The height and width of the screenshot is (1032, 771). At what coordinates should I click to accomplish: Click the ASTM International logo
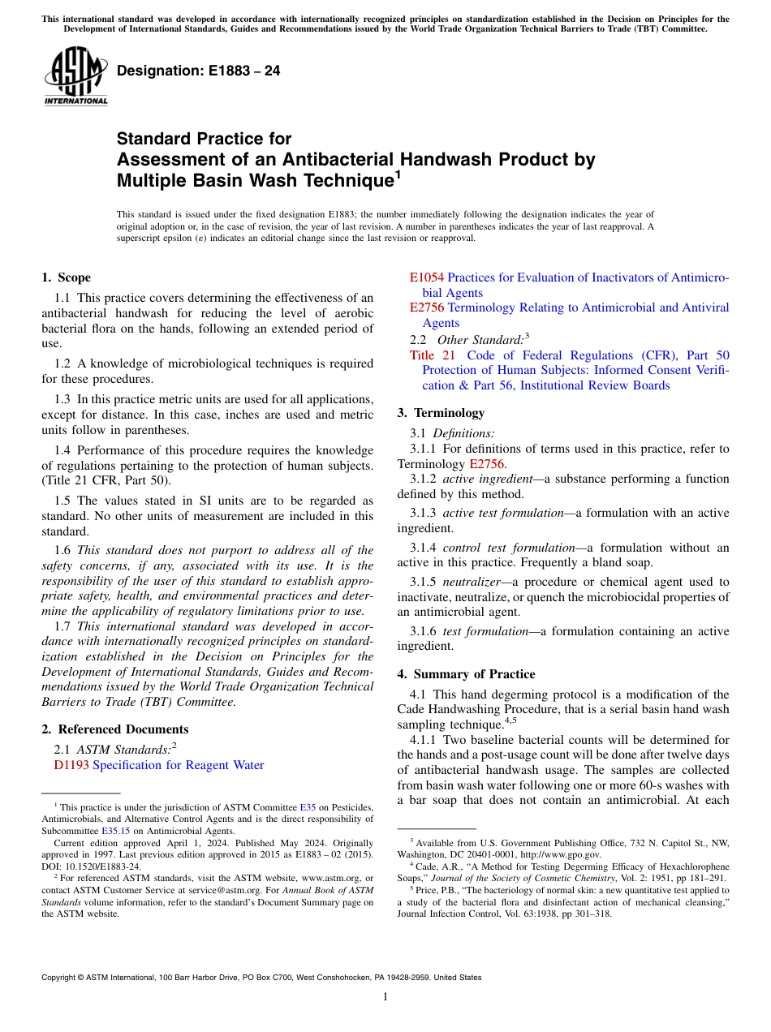[75, 77]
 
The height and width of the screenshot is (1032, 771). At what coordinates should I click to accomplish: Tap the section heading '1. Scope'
[66, 277]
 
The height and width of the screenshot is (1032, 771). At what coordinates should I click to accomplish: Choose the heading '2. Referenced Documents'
[114, 729]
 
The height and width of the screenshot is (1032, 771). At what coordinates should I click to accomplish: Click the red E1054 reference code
[426, 277]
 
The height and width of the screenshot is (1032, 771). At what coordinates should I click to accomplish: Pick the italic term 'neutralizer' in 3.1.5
[472, 582]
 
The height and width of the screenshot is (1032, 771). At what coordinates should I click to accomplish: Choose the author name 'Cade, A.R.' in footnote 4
[437, 866]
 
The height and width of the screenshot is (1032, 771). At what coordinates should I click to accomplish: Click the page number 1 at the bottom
[385, 997]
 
